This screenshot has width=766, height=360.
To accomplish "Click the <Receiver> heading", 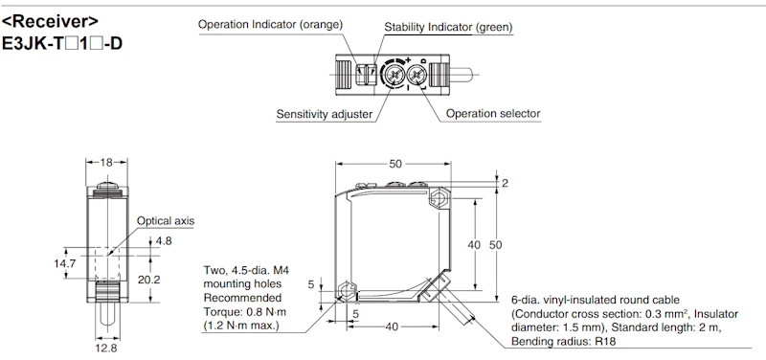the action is (51, 22).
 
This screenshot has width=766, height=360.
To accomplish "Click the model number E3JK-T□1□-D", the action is (62, 43).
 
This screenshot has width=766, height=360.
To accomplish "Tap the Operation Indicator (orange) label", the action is (271, 25).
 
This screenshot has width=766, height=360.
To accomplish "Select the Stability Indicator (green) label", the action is (448, 27).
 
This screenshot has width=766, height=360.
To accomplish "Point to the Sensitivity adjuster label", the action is (325, 114).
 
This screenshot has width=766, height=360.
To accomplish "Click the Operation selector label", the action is (493, 114).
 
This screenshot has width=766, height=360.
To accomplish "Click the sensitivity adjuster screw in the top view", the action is (394, 75).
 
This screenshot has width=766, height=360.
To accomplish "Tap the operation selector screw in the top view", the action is (417, 75).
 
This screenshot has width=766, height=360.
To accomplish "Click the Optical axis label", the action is (165, 221).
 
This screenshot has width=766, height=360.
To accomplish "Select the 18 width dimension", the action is (106, 162).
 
